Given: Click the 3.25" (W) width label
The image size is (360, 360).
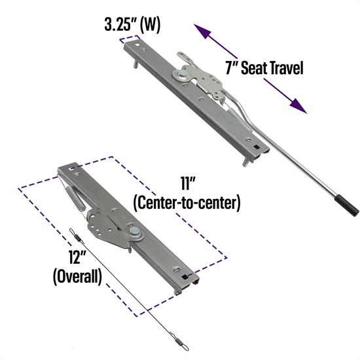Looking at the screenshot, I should [132, 26].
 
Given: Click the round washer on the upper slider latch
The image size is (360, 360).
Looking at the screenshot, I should [178, 75].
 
